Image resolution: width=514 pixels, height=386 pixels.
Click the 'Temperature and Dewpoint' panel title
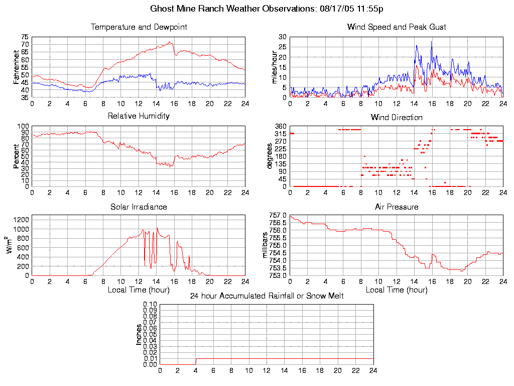coord(139,27)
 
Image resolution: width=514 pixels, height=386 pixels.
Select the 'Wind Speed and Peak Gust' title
coord(397,27)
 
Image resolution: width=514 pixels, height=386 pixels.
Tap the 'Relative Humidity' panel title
coord(139,116)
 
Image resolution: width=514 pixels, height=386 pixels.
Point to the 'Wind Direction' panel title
coord(397,118)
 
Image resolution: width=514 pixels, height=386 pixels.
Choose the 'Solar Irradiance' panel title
coord(139,207)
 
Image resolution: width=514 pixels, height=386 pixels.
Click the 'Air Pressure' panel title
coord(397,207)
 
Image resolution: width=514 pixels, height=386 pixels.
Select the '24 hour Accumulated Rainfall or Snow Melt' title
coord(267,296)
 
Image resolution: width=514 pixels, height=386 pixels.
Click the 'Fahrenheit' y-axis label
coord(17,67)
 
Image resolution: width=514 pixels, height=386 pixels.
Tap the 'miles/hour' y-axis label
coord(275,67)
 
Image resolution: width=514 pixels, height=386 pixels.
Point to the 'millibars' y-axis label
coord(267,245)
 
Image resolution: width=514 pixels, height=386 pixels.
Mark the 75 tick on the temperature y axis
coord(25,37)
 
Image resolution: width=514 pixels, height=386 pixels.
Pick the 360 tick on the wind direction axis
coord(280,126)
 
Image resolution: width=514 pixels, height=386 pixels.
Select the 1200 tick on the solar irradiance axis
coord(22,220)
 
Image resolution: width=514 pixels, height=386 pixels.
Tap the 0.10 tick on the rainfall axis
coord(151,304)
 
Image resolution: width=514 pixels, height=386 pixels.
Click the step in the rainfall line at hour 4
coord(196,361)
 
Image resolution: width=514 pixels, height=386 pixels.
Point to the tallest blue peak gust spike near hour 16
coord(432,42)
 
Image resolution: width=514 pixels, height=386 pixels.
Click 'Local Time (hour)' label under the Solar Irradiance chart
coord(139,290)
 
